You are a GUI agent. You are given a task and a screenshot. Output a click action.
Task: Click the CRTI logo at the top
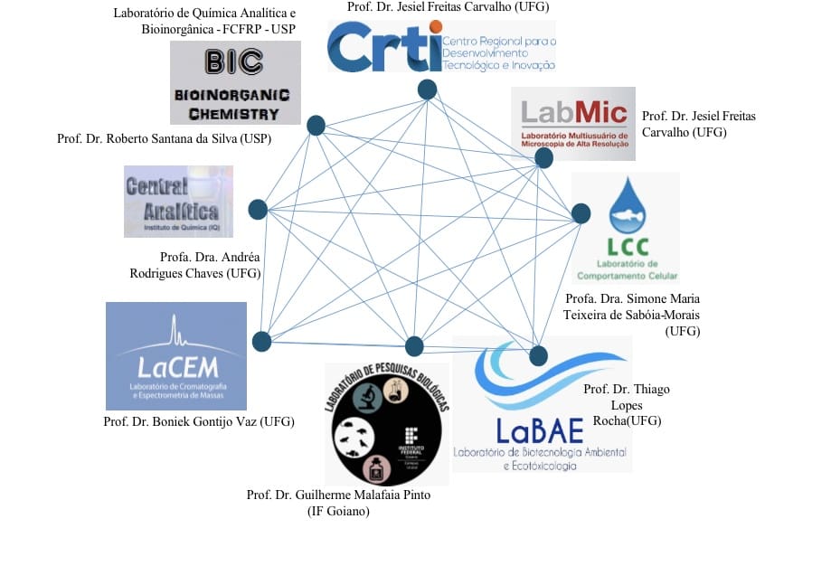pyautogui.click(x=441, y=46)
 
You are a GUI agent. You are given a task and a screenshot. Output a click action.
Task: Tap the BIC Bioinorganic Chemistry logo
pyautogui.click(x=235, y=83)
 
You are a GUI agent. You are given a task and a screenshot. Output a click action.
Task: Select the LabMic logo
pyautogui.click(x=573, y=123)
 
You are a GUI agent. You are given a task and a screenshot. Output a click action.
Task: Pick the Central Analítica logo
pyautogui.click(x=178, y=201)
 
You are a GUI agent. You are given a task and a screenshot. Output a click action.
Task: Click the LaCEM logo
pyautogui.click(x=176, y=356)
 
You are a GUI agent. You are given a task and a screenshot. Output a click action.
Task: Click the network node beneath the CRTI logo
pyautogui.click(x=427, y=90)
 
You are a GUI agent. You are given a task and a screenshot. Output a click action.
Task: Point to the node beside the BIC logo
pyautogui.click(x=316, y=126)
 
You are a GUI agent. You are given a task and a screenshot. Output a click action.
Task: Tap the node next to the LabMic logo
pyautogui.click(x=543, y=158)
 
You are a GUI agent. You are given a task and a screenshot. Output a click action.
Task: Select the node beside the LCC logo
pyautogui.click(x=581, y=214)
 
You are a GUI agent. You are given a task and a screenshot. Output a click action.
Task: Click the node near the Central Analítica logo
pyautogui.click(x=257, y=210)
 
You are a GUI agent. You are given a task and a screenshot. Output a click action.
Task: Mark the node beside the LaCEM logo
pyautogui.click(x=261, y=341)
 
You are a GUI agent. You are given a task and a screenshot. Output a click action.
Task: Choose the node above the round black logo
pyautogui.click(x=414, y=346)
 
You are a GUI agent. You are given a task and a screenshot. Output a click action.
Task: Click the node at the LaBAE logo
pyautogui.click(x=538, y=354)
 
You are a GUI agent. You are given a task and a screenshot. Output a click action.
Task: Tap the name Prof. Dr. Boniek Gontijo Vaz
pyautogui.click(x=199, y=421)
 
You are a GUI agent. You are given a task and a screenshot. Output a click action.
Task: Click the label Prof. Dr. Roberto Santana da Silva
pyautogui.click(x=164, y=139)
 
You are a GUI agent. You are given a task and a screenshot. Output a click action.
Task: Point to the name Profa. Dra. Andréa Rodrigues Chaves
pyautogui.click(x=210, y=265)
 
